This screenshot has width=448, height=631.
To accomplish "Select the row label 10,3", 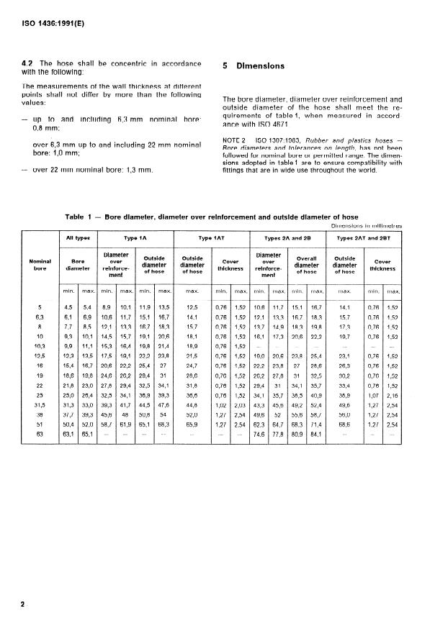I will click(40, 345).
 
